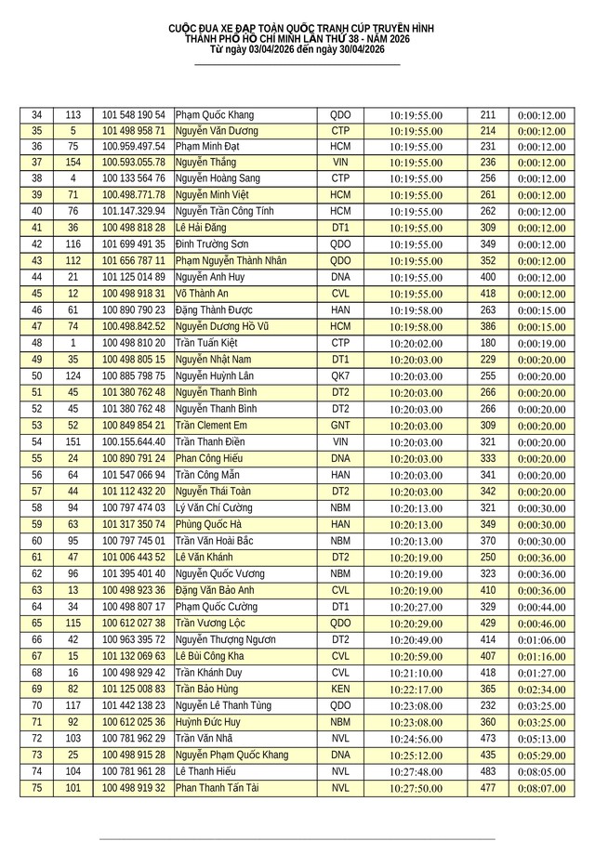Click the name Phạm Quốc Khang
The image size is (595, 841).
point(214,114)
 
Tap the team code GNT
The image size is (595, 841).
point(340,426)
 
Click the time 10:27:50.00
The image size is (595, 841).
point(416,788)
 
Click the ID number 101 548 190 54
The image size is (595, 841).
point(133,114)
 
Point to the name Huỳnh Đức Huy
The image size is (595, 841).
point(208,722)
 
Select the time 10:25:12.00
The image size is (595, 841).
point(416,755)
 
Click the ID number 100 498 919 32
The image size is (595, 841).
point(133,788)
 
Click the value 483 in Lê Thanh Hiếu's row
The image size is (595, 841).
point(488,771)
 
